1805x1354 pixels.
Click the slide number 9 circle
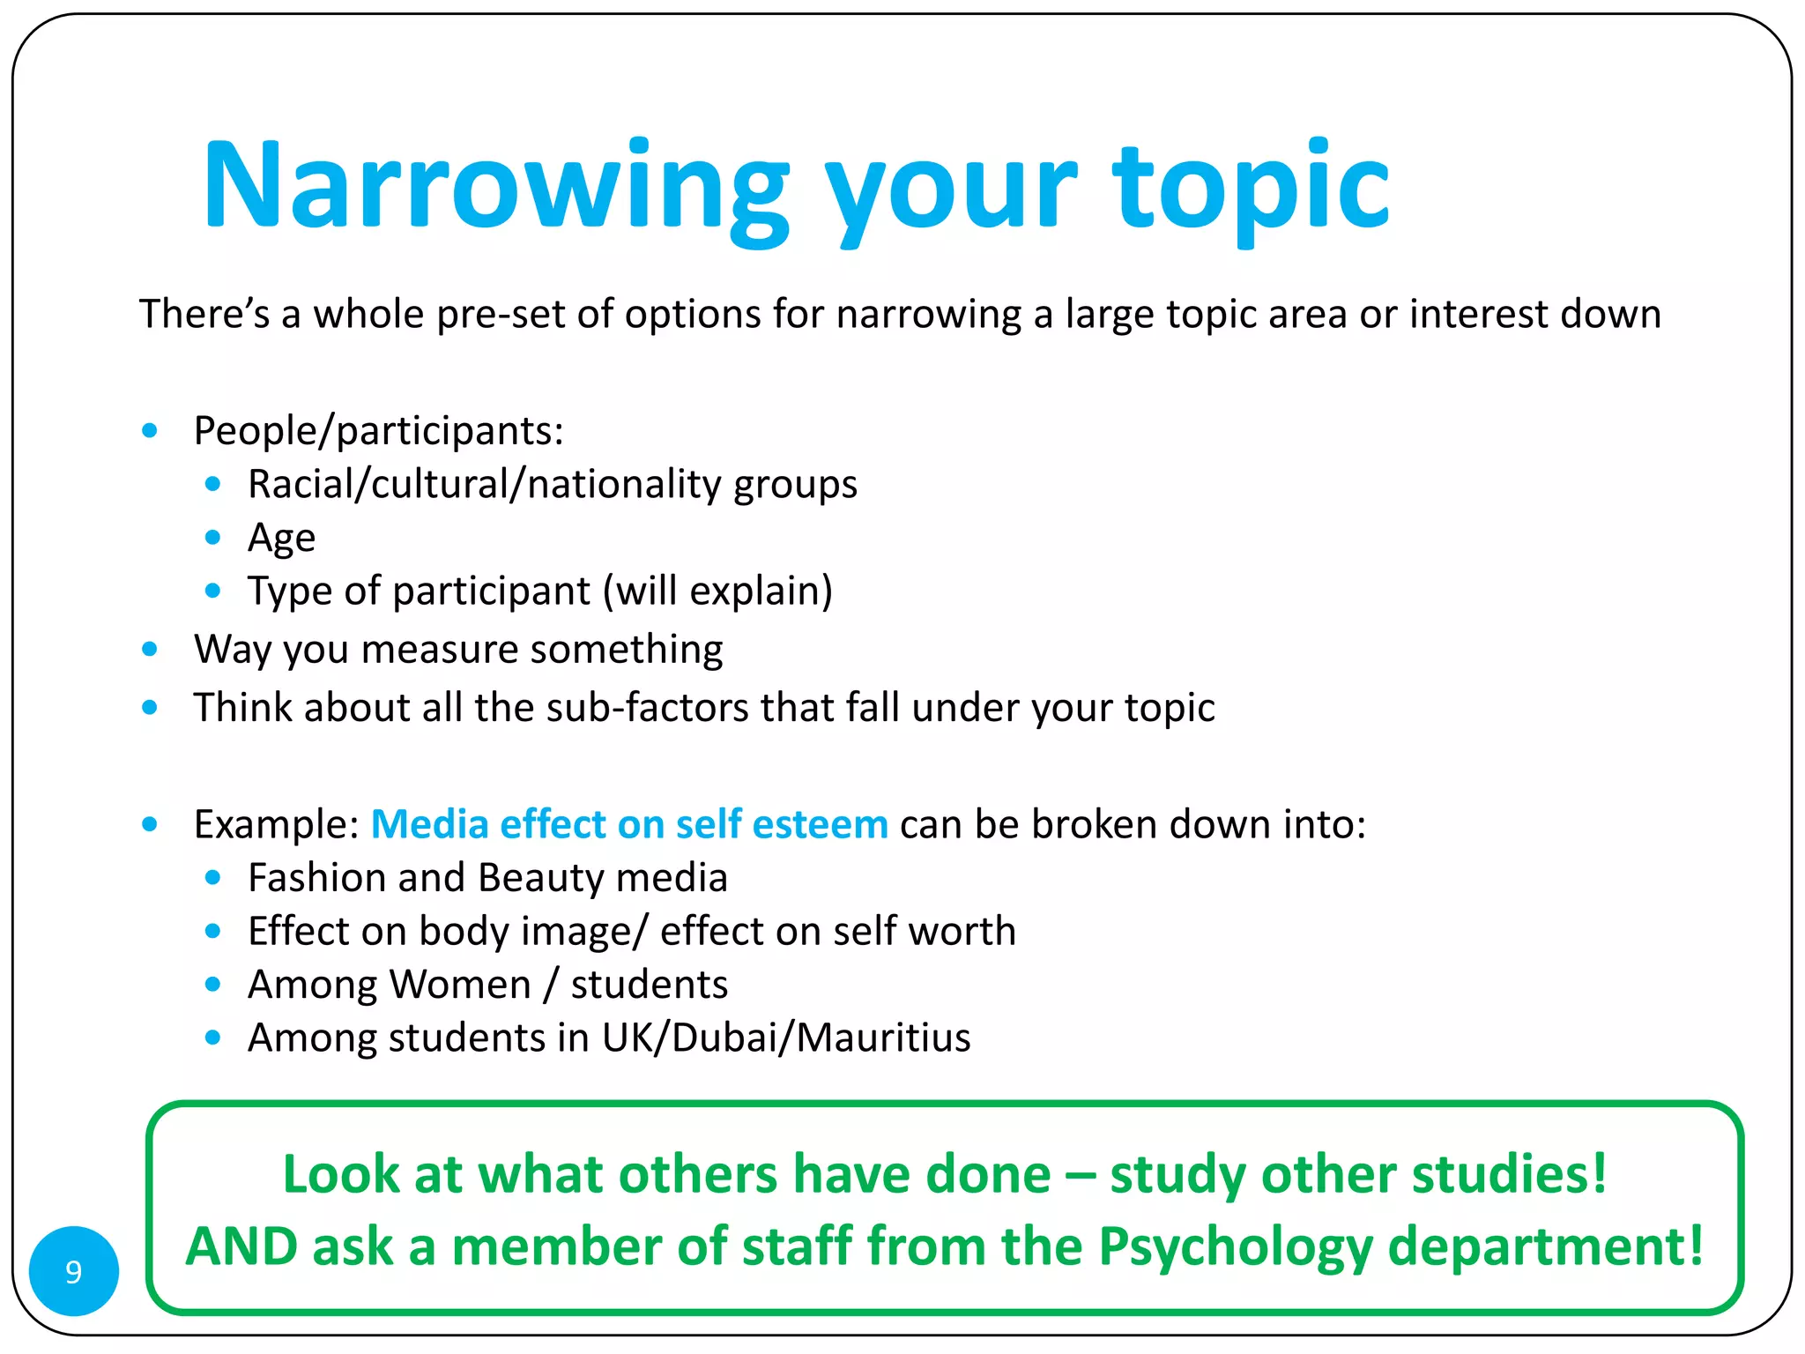click(74, 1270)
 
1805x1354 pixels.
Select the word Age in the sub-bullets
click(281, 538)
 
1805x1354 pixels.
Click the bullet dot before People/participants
click(150, 431)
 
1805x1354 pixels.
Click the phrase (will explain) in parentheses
click(717, 591)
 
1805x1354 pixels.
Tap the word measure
click(440, 650)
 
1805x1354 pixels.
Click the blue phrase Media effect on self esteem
click(629, 824)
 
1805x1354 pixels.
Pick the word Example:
click(276, 824)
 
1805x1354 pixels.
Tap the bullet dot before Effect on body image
click(212, 931)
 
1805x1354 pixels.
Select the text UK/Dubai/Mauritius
click(786, 1038)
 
